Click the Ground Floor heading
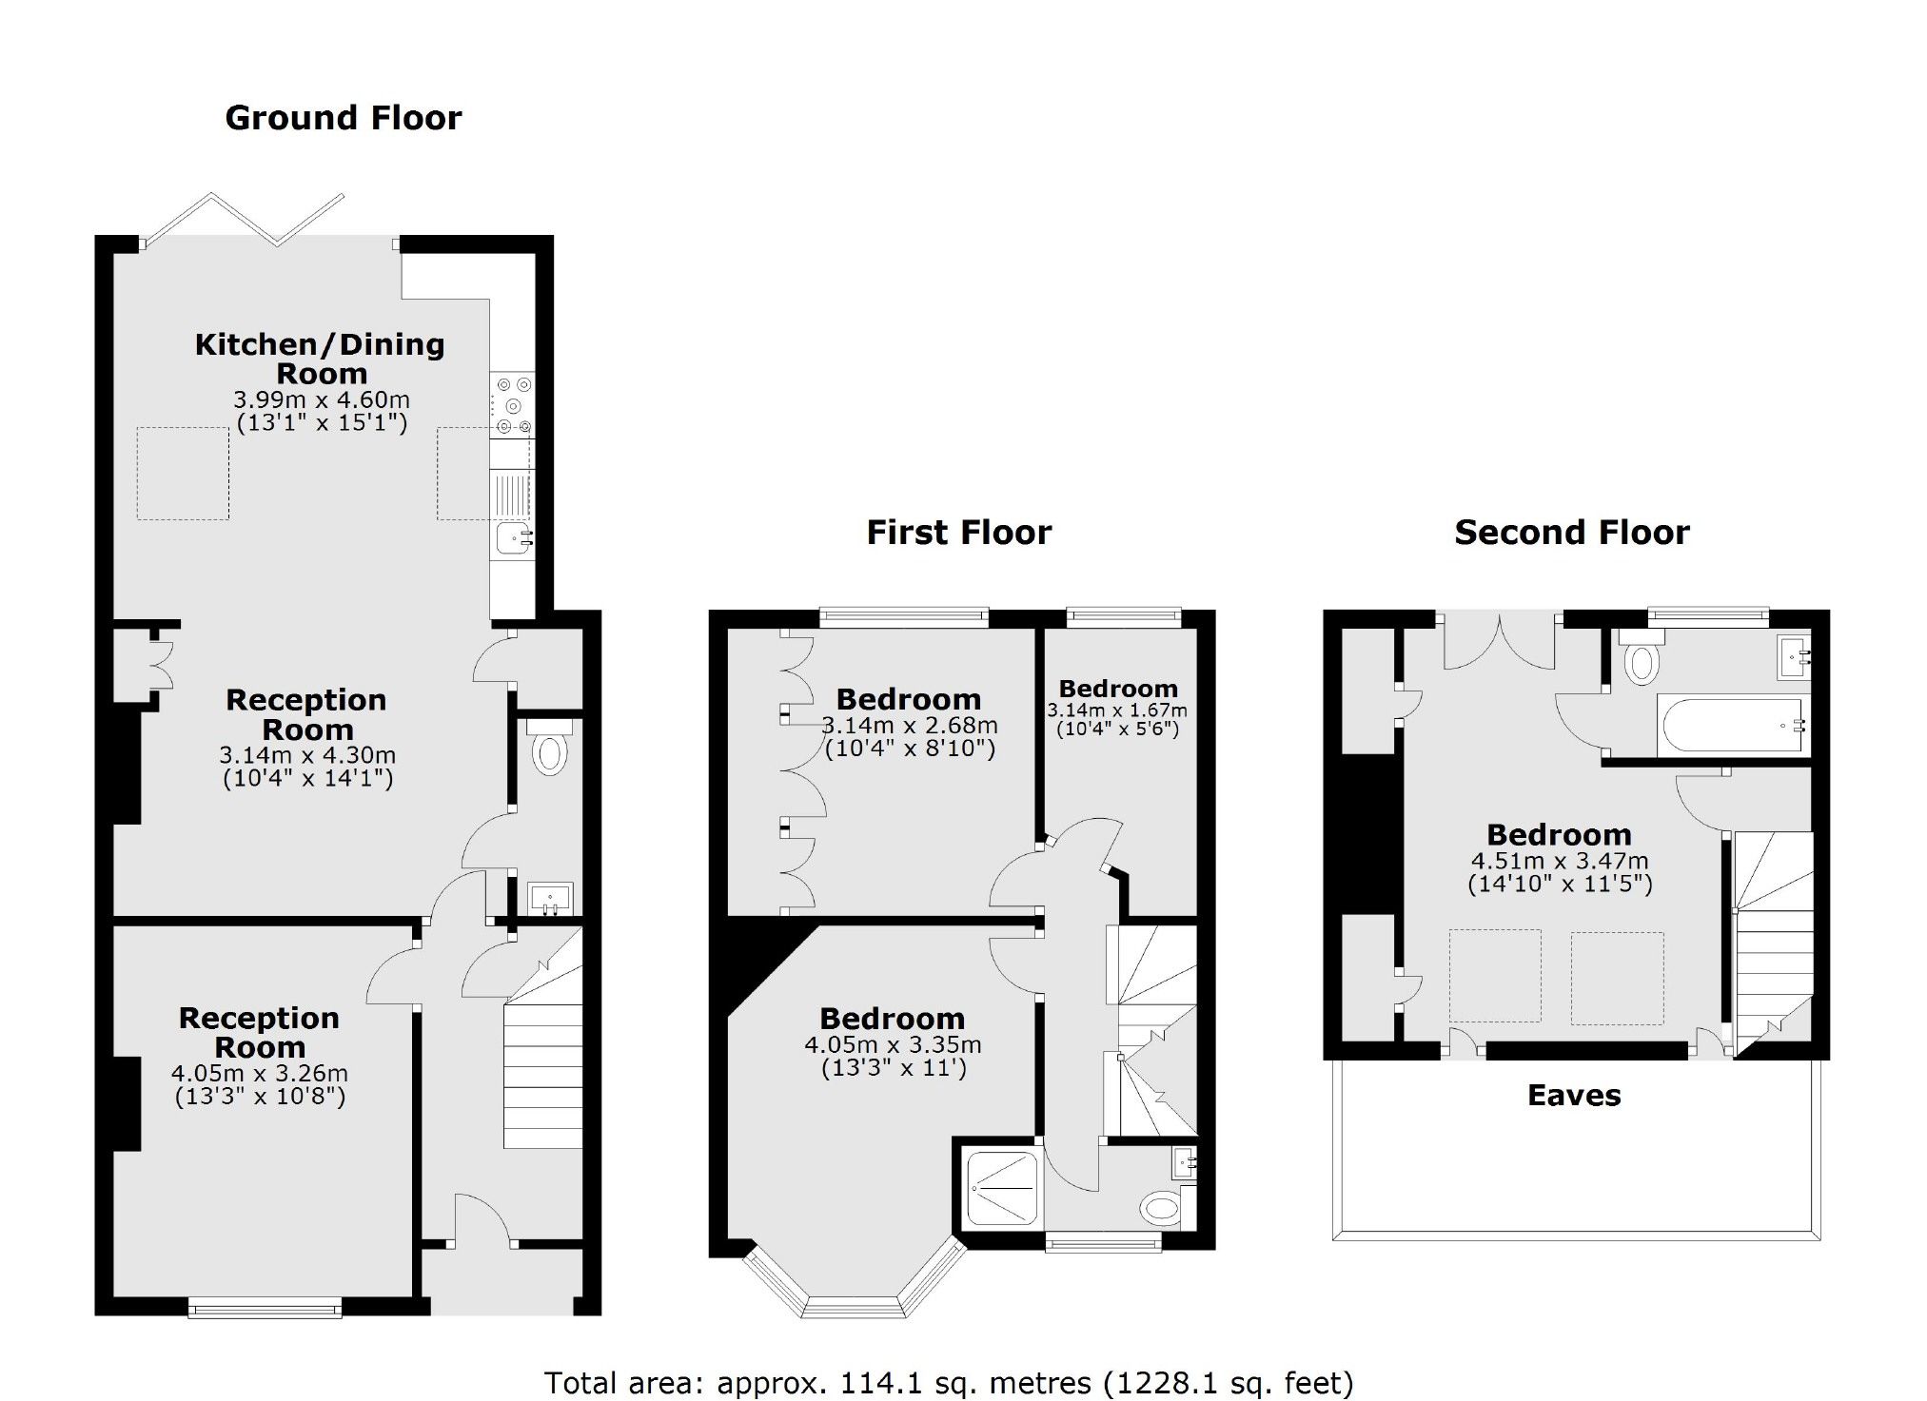[x=343, y=118]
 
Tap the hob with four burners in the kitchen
[x=512, y=406]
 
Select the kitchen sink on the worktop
[x=512, y=538]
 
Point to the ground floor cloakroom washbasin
[x=550, y=897]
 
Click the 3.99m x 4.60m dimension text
[x=322, y=399]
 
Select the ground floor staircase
[x=542, y=1056]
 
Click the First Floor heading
[x=958, y=533]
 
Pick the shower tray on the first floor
[x=1002, y=1188]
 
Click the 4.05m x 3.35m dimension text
[x=893, y=1044]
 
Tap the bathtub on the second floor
[x=1731, y=727]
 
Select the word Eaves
[x=1574, y=1096]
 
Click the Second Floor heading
[x=1571, y=533]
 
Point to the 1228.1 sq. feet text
[x=1228, y=1382]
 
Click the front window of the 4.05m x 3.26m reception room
[x=265, y=1310]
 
